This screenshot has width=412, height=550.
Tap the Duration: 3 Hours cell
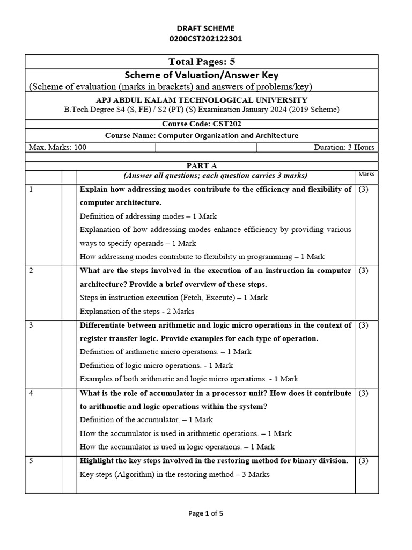point(344,147)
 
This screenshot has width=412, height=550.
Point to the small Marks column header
point(366,174)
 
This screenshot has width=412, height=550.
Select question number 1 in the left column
point(31,190)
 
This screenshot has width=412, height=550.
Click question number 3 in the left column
point(31,325)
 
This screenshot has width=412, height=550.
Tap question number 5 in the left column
point(31,461)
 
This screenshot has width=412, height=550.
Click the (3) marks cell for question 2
point(363,271)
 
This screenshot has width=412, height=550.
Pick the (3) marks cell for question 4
point(363,393)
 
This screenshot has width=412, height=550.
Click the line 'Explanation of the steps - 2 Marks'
point(137,311)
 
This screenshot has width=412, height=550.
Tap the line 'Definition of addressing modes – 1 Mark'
point(148,216)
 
